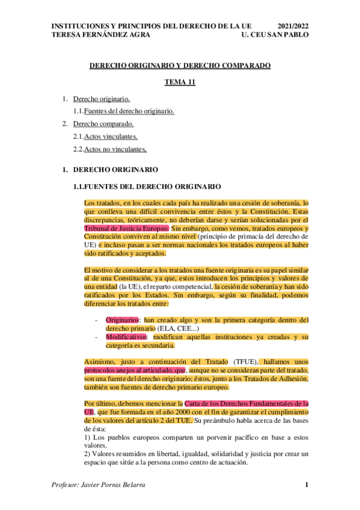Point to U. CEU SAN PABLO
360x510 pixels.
[x=274, y=35]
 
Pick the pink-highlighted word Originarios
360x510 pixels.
[x=124, y=319]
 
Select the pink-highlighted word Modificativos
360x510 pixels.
[x=127, y=337]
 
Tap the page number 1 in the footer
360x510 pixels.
[x=307, y=485]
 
